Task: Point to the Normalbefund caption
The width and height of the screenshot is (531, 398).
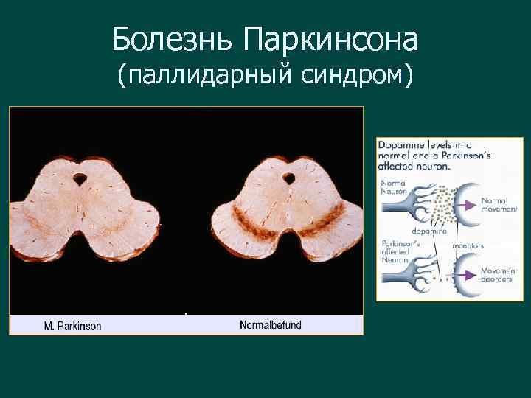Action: pos(271,325)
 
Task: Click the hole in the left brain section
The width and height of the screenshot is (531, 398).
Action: pos(80,178)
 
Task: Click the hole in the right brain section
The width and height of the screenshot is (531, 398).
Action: pos(288,178)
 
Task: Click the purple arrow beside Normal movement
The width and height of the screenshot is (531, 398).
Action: pos(470,199)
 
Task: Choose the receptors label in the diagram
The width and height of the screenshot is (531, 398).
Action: pos(468,245)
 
